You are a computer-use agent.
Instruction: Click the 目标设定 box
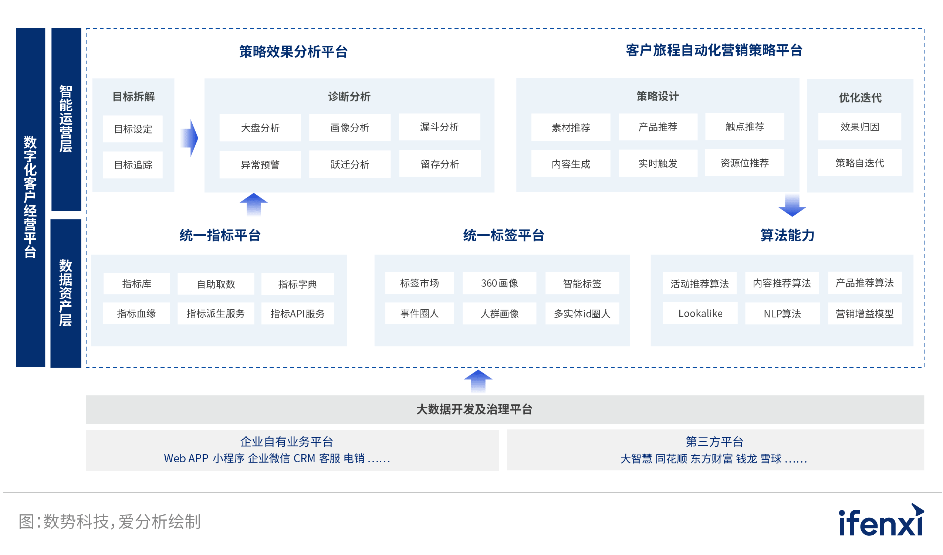click(x=133, y=129)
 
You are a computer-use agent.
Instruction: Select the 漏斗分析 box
click(x=439, y=127)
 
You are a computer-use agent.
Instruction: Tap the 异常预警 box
click(x=260, y=164)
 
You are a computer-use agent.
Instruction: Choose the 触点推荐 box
click(x=745, y=127)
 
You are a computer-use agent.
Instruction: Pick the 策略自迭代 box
click(x=859, y=163)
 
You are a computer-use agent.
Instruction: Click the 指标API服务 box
click(x=297, y=313)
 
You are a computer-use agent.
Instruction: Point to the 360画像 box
click(x=499, y=283)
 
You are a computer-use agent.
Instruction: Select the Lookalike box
click(x=700, y=313)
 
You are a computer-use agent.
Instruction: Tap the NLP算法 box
click(x=782, y=313)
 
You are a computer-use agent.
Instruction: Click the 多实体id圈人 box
click(x=582, y=313)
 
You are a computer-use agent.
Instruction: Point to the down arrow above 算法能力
click(x=792, y=205)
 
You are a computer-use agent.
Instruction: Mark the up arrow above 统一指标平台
click(x=254, y=204)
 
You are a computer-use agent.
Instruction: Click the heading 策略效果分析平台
click(x=293, y=52)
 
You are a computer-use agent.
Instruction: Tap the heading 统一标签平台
click(x=504, y=235)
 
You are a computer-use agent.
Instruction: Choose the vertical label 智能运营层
click(x=66, y=119)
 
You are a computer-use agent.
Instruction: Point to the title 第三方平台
click(x=714, y=442)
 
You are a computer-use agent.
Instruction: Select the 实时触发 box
click(x=658, y=163)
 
